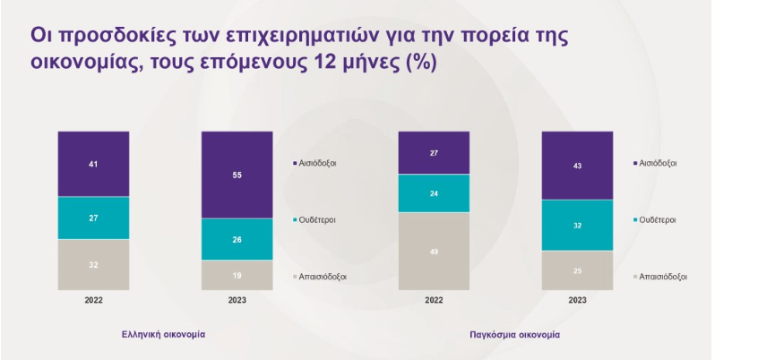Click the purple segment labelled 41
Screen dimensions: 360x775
pos(93,164)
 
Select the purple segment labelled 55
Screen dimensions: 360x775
pos(237,175)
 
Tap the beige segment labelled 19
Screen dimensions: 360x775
pos(237,275)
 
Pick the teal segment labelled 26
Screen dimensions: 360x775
pos(237,239)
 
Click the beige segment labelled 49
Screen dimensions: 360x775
pos(434,252)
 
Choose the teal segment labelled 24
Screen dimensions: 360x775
pos(434,193)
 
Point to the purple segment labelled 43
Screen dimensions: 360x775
pos(577,166)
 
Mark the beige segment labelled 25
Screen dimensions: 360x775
pos(577,270)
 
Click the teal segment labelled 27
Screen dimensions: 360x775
pos(93,218)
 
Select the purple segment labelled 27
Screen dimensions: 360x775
pos(434,153)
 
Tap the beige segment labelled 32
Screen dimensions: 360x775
pos(93,265)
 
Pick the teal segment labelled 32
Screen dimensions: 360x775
pos(577,226)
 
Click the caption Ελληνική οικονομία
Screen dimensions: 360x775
pos(164,334)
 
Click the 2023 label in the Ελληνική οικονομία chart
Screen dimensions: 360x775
pos(237,300)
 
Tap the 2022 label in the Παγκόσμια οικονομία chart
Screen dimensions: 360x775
pos(434,300)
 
